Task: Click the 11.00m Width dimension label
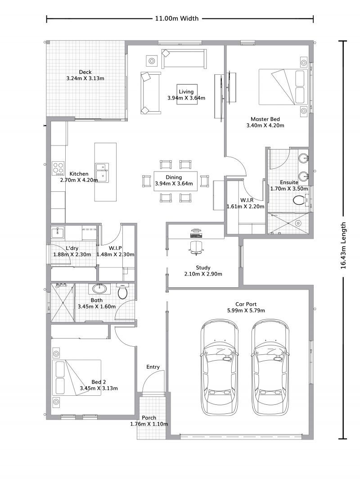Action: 177,18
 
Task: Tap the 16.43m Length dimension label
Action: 343,245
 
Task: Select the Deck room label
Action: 85,72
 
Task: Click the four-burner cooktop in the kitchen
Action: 58,168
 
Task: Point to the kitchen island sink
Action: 102,172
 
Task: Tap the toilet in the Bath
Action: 122,291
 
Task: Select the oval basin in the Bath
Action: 98,288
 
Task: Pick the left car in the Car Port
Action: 219,367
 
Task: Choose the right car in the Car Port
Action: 270,367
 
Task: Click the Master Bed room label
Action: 265,119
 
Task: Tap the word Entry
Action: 153,367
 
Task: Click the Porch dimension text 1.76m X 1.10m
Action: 149,424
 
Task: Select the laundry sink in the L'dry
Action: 58,233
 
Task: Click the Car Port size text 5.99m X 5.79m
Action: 246,310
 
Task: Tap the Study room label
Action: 203,267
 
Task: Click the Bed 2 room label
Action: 99,382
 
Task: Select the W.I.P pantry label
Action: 115,248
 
